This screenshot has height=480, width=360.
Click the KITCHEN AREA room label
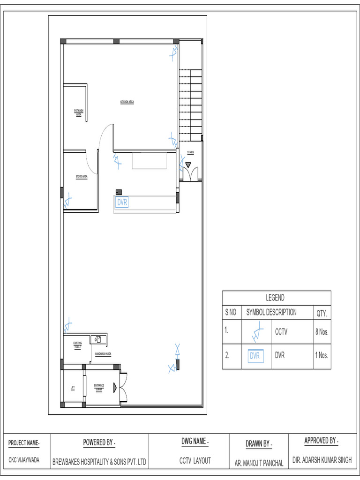pyautogui.click(x=127, y=102)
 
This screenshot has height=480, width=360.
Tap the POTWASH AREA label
pyautogui.click(x=79, y=112)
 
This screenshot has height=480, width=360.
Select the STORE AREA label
pyautogui.click(x=82, y=177)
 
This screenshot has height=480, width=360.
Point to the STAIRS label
pyautogui.click(x=190, y=153)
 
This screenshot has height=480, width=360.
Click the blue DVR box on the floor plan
pyautogui.click(x=122, y=202)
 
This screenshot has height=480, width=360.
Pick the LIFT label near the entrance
pyautogui.click(x=73, y=387)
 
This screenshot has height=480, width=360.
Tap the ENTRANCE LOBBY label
pyautogui.click(x=99, y=387)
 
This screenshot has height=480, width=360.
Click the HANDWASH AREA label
pyautogui.click(x=103, y=354)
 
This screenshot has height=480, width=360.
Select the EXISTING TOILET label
pyautogui.click(x=78, y=345)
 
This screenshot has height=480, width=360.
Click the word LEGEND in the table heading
pyautogui.click(x=275, y=298)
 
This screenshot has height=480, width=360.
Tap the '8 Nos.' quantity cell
pyautogui.click(x=322, y=332)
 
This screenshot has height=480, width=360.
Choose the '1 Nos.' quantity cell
pyautogui.click(x=322, y=355)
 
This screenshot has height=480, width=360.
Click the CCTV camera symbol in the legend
pyautogui.click(x=255, y=332)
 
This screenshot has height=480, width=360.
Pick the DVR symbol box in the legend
pyautogui.click(x=255, y=356)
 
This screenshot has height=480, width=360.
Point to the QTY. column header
pyautogui.click(x=322, y=313)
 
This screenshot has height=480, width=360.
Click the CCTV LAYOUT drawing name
pyautogui.click(x=195, y=461)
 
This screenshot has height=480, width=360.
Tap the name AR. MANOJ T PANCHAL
pyautogui.click(x=259, y=463)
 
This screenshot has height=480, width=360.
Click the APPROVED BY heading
pyautogui.click(x=321, y=441)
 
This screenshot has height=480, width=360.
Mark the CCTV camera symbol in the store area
pyautogui.click(x=67, y=201)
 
